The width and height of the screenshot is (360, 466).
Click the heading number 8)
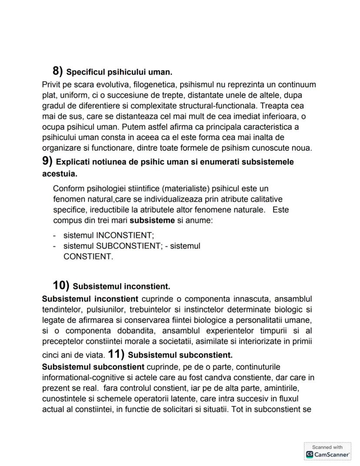point(58,70)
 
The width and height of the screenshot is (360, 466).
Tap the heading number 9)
point(47,161)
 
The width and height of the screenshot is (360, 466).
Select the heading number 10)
point(61,286)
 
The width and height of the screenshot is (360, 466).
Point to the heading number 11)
point(116,354)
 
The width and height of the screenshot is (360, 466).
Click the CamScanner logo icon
point(310,454)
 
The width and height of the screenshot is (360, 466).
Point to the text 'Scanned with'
point(327,447)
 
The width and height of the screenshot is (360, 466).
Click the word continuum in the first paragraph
point(296,84)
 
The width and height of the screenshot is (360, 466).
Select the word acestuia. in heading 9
point(60,173)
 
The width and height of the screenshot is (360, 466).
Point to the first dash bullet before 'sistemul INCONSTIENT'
point(54,235)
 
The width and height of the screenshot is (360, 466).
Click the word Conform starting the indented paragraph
point(67,188)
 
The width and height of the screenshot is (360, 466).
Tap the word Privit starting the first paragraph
point(52,84)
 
